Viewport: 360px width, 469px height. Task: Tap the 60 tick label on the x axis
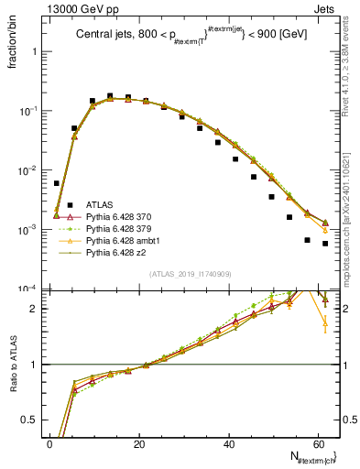click(319, 443)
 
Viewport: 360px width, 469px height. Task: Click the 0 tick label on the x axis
click(50, 443)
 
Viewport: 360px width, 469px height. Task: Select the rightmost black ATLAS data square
click(325, 244)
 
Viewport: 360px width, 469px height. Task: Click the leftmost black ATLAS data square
click(57, 183)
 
